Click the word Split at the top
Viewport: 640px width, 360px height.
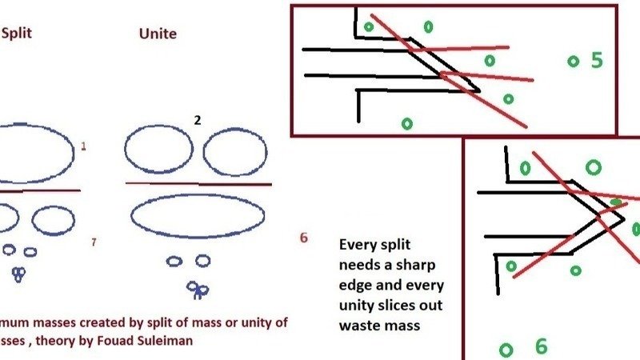tap(18, 34)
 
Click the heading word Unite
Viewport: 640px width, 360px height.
tap(158, 34)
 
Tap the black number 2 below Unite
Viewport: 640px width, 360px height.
tap(197, 119)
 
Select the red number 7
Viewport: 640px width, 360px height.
tap(94, 242)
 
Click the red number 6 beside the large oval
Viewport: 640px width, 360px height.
tap(303, 238)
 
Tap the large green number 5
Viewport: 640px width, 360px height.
tap(596, 60)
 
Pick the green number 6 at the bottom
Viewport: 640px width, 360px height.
tap(541, 346)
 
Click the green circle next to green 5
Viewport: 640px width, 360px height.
tap(573, 61)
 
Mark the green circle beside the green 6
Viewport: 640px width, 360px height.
tap(506, 350)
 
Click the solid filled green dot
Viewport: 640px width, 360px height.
tap(616, 202)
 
